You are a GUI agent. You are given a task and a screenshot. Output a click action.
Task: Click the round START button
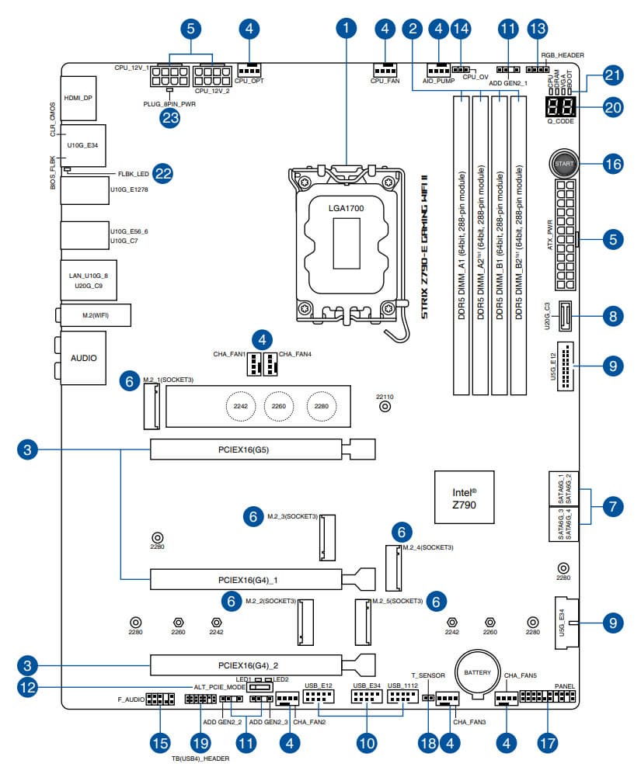point(564,164)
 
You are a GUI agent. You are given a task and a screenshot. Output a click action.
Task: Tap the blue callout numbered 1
point(347,30)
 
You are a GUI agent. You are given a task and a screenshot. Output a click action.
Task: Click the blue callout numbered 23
point(169,118)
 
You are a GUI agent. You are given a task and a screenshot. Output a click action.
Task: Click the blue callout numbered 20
point(613,108)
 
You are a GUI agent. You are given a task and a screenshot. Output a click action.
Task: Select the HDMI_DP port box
point(78,99)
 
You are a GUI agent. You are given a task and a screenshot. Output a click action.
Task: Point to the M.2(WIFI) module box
point(95,314)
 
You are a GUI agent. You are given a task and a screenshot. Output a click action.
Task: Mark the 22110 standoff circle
point(385,405)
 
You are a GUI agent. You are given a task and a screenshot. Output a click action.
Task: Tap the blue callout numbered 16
point(613,164)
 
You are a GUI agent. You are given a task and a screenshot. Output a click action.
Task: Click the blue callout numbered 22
point(162,173)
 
